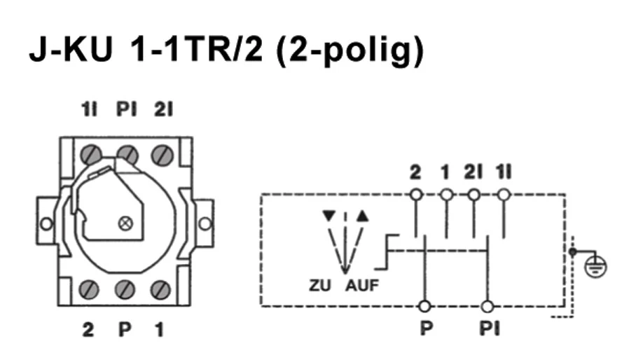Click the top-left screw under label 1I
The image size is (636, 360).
(91, 153)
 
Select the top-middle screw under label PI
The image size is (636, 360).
(127, 153)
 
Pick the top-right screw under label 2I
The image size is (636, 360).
(162, 153)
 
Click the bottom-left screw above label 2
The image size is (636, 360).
(90, 289)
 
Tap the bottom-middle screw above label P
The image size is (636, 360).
(126, 289)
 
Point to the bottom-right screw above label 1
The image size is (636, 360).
(161, 289)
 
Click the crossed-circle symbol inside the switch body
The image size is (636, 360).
(127, 223)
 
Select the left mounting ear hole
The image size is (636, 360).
(46, 223)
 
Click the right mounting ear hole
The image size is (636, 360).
(205, 223)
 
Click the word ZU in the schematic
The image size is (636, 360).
(320, 286)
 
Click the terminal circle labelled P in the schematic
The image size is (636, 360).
(424, 306)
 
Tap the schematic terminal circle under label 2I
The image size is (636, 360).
(473, 194)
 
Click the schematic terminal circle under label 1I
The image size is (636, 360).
(503, 194)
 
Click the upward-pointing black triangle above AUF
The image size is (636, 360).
(361, 216)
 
